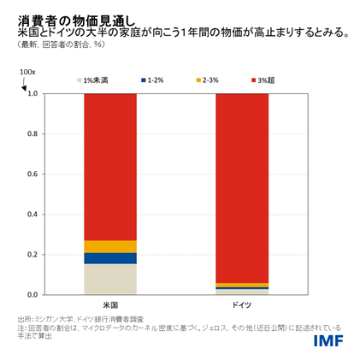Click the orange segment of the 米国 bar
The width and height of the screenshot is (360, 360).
click(x=109, y=246)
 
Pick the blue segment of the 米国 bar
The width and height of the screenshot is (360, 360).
click(x=109, y=258)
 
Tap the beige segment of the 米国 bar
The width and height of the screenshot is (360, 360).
click(x=109, y=279)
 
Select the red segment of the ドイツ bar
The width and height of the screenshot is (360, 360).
click(x=241, y=188)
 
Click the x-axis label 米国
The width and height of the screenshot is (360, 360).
click(x=109, y=304)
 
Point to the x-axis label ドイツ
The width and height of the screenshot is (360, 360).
click(x=241, y=304)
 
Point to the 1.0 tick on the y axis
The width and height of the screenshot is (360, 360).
click(x=32, y=94)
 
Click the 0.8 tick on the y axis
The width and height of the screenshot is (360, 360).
click(x=32, y=134)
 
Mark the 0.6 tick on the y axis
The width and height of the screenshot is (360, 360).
click(x=32, y=174)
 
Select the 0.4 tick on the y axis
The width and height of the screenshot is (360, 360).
click(x=32, y=215)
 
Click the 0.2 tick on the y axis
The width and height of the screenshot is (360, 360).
click(x=32, y=255)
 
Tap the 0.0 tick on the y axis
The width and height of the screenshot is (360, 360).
click(x=32, y=295)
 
